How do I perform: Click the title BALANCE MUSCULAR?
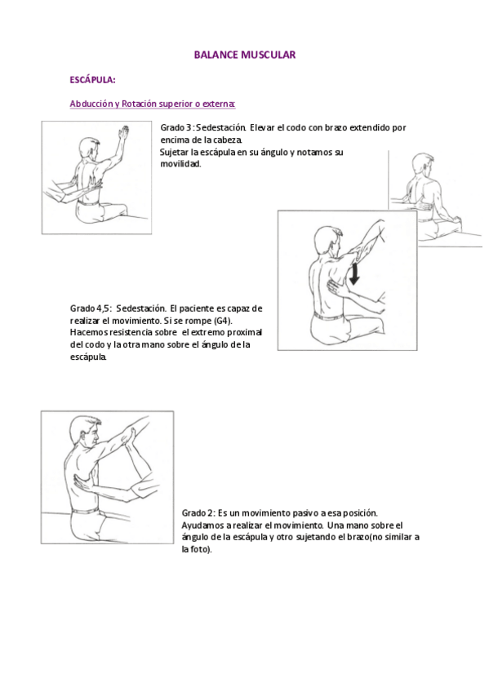tap(244, 55)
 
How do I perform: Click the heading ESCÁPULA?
tap(92, 80)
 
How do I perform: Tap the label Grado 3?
tap(176, 128)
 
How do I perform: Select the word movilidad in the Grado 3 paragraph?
tap(180, 164)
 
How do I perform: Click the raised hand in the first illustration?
tap(122, 132)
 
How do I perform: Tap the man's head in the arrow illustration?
tap(324, 239)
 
